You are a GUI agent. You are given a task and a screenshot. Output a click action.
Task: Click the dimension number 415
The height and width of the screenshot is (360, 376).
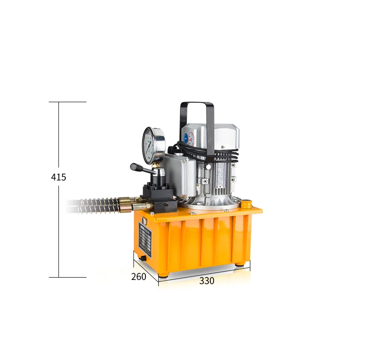tap(58, 177)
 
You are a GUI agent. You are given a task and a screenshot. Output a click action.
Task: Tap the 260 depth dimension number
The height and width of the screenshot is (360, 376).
tap(139, 277)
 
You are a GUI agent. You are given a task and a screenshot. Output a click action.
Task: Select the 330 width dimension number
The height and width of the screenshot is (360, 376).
tap(207, 281)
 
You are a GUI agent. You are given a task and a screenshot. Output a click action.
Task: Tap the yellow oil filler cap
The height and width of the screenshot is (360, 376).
tap(246, 202)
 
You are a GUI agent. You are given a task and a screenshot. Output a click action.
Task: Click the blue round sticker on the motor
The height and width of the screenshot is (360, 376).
tap(184, 137)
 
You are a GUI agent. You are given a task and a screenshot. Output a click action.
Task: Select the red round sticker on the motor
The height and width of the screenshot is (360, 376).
tap(191, 138)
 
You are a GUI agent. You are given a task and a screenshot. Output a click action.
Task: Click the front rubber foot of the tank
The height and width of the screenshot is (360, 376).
tap(163, 275)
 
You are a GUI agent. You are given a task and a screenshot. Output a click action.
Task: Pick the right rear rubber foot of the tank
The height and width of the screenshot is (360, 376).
tap(240, 264)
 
